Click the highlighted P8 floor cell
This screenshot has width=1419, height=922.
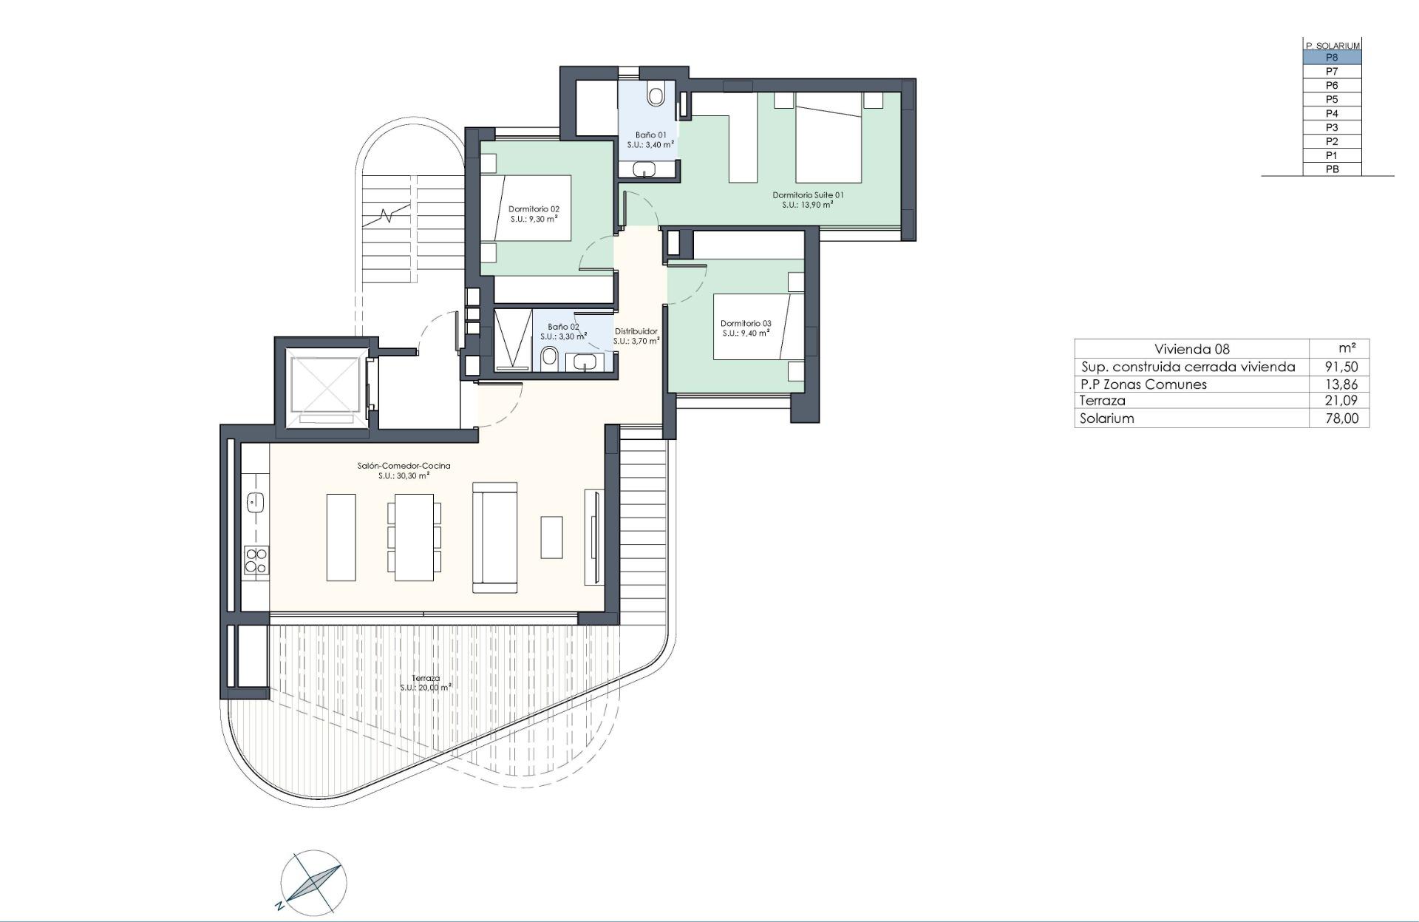point(1332,58)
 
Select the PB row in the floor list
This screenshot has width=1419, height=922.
point(1332,169)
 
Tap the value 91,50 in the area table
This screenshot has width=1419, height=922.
point(1341,367)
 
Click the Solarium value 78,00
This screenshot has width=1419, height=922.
point(1341,418)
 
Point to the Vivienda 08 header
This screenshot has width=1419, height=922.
point(1191,349)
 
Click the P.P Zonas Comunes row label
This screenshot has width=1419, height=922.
point(1143,384)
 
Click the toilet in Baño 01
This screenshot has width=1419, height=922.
point(656,95)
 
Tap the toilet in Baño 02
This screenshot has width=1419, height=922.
point(549,359)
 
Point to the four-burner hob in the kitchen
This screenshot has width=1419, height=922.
point(256,560)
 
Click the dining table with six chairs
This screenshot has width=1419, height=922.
point(414,537)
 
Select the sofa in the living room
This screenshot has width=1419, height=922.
point(494,537)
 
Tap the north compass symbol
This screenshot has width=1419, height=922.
point(313,882)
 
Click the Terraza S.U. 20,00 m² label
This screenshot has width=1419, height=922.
point(426,682)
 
